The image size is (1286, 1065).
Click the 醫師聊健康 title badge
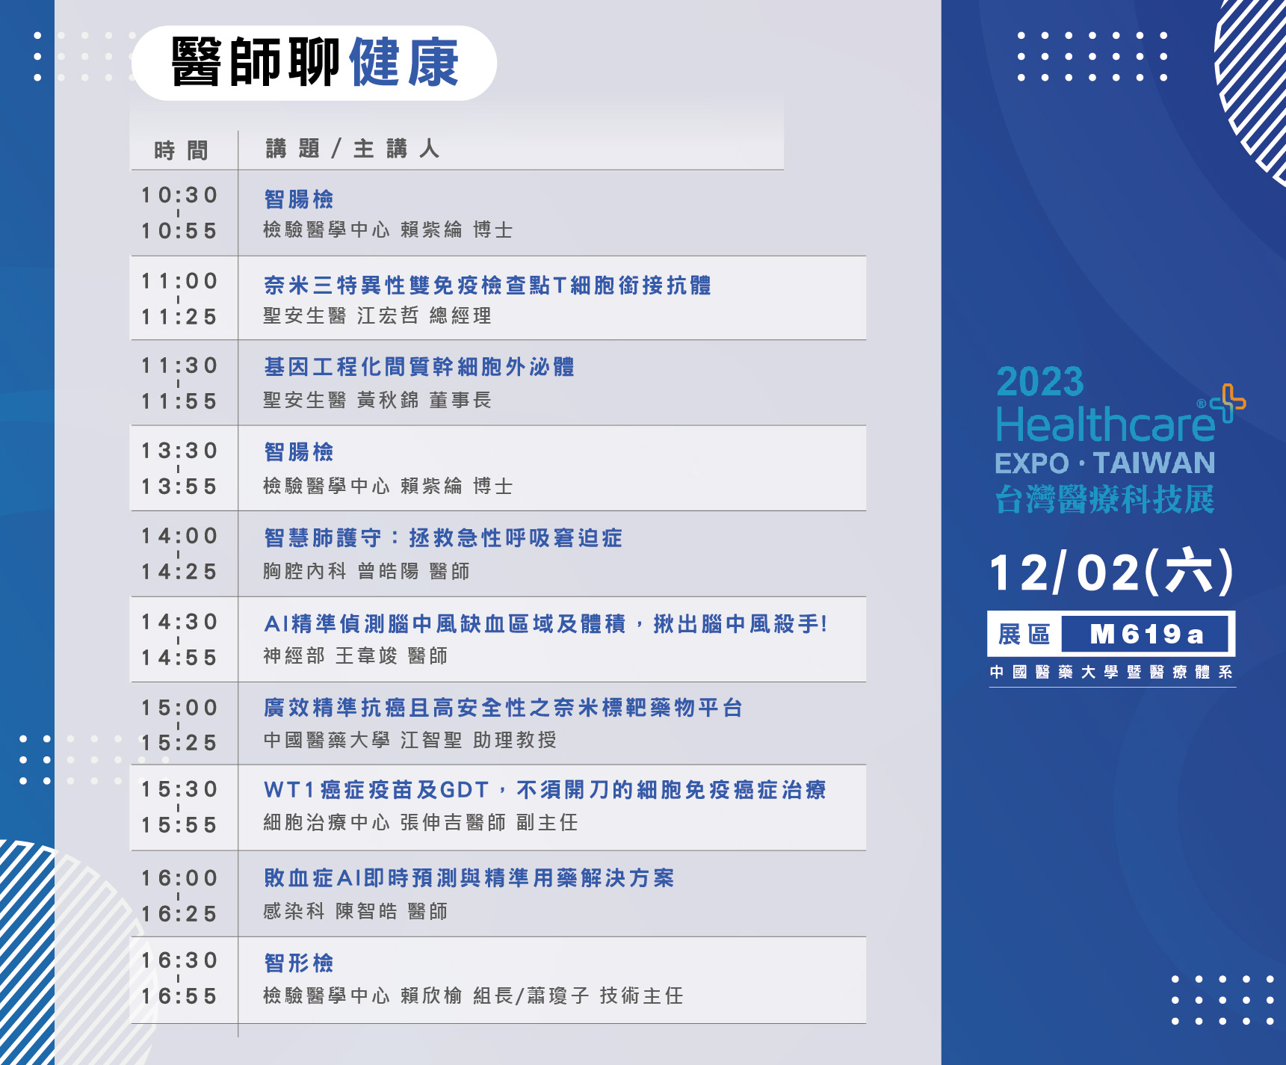(314, 63)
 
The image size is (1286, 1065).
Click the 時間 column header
(181, 150)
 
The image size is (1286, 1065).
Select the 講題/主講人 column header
(352, 149)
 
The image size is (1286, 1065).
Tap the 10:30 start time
(179, 195)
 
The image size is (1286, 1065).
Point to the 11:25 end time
(179, 317)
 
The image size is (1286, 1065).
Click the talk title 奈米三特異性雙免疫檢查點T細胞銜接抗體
(487, 285)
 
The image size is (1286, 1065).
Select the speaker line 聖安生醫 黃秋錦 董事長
(377, 401)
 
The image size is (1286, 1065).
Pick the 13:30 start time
(179, 451)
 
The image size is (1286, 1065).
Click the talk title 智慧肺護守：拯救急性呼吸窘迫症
(443, 538)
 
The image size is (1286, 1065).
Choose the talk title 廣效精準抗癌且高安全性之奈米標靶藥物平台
(503, 708)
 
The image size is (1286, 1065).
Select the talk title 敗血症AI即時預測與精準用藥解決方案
(469, 878)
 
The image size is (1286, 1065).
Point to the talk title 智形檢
(299, 963)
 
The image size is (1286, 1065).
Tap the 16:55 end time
(179, 996)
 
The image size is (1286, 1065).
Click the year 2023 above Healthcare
(1040, 382)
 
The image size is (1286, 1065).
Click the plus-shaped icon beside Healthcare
(1228, 403)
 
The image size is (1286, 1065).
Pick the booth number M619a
(1146, 635)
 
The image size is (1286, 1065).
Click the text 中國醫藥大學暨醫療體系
(1111, 672)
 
